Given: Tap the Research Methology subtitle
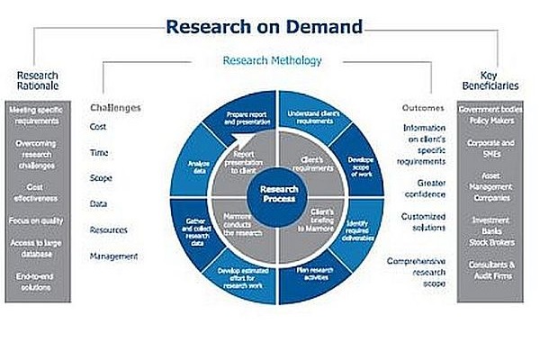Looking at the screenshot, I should (270, 61).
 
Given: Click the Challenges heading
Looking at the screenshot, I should (115, 108).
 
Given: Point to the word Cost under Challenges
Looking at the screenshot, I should (98, 127).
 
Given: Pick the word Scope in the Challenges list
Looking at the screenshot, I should (101, 178).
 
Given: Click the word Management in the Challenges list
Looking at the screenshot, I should (113, 256).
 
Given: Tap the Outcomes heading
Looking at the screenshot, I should (422, 108).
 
